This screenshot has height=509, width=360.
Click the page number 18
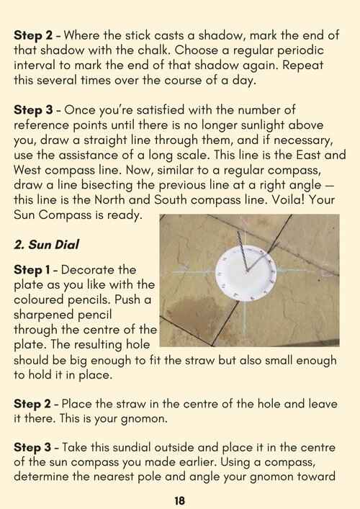pos(179,500)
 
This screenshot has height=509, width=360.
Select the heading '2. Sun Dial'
pos(46,245)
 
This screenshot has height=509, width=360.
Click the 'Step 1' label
pos(32,270)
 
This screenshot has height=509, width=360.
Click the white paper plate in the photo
pos(246,273)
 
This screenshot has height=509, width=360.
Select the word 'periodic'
pos(300,50)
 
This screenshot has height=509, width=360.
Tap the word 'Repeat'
pos(302,66)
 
